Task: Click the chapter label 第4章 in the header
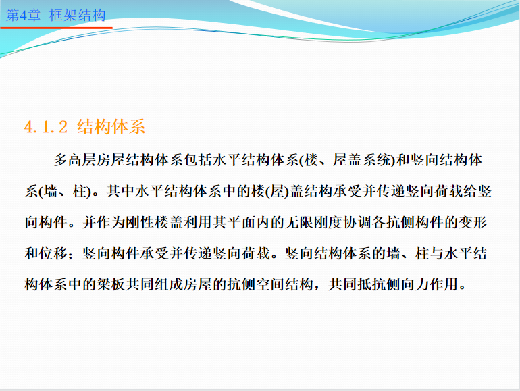[23, 16]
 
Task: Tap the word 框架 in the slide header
[63, 16]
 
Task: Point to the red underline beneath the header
[56, 27]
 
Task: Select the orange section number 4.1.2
[46, 127]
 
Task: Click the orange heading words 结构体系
[111, 126]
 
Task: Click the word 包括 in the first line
[199, 160]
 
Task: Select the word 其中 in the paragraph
[121, 191]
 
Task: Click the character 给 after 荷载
[469, 191]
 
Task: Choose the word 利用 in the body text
[199, 222]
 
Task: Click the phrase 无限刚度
[314, 222]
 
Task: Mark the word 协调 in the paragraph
[357, 222]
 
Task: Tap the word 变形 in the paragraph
[473, 222]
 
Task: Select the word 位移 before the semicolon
[53, 253]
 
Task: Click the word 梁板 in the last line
[111, 284]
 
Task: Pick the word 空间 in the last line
[270, 284]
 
